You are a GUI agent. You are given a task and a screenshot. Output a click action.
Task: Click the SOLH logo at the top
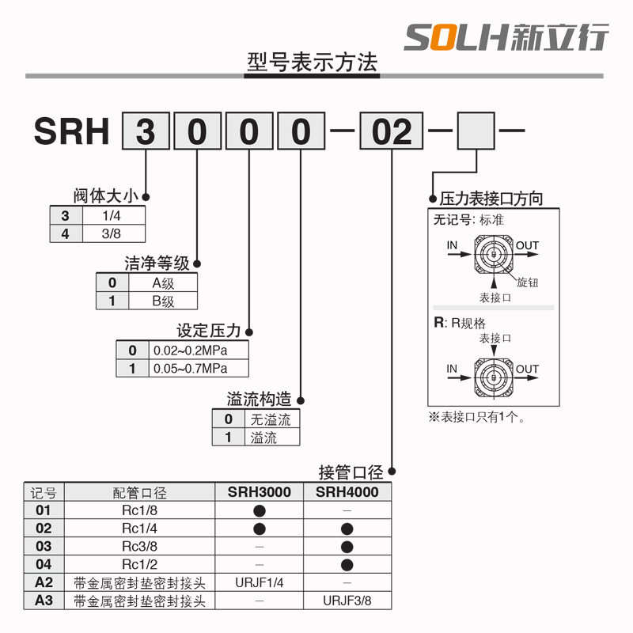pyautogui.click(x=506, y=36)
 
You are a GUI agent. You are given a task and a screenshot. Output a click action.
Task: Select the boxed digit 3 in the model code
pyautogui.click(x=146, y=131)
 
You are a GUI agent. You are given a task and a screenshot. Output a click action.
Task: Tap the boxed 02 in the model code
pyautogui.click(x=392, y=131)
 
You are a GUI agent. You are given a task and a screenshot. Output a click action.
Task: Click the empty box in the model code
pyautogui.click(x=478, y=131)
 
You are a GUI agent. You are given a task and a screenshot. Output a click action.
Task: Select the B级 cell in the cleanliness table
pyautogui.click(x=163, y=301)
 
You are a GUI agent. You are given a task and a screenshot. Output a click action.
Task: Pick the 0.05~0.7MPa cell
pyautogui.click(x=199, y=369)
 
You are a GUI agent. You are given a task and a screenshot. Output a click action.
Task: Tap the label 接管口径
pyautogui.click(x=351, y=472)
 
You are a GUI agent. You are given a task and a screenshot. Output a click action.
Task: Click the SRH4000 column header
pyautogui.click(x=347, y=492)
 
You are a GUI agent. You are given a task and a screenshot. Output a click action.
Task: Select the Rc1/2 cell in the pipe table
pyautogui.click(x=140, y=564)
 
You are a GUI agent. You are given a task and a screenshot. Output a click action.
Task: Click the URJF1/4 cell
pyautogui.click(x=260, y=583)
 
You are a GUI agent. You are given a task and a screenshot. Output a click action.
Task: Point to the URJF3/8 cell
pyautogui.click(x=347, y=601)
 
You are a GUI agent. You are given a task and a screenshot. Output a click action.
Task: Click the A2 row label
pyautogui.click(x=44, y=583)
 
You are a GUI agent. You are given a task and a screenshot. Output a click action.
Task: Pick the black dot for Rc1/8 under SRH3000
pyautogui.click(x=260, y=510)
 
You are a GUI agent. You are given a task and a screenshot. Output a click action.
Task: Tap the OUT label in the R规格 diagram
pyautogui.click(x=527, y=369)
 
